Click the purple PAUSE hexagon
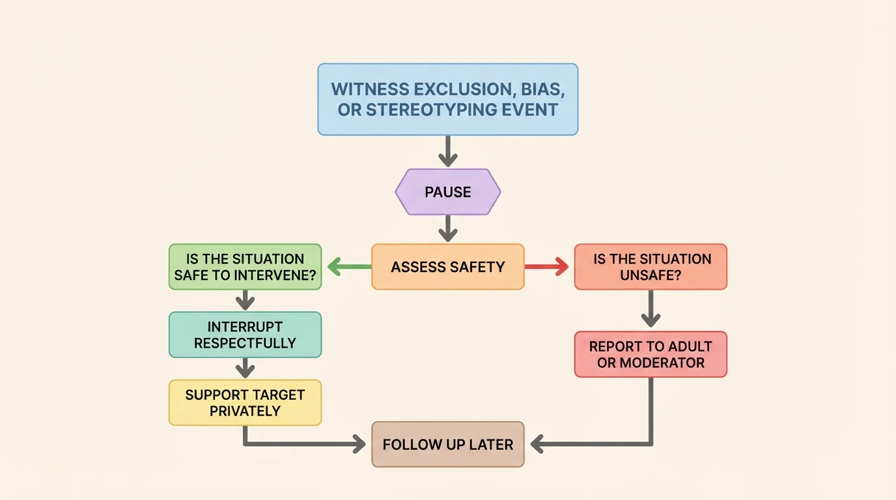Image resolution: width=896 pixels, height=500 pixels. coord(448,192)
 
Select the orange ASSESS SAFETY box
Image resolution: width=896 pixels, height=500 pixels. coord(448,267)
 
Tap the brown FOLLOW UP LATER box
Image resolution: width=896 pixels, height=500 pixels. coord(448,445)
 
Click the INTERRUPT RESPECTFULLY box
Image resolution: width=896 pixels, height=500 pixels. coord(245,335)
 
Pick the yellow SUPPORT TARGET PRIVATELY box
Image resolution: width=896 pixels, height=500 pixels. coord(245,403)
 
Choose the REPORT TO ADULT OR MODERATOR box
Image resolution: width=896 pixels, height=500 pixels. coord(651,354)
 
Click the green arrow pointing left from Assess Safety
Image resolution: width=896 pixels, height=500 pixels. coord(349,266)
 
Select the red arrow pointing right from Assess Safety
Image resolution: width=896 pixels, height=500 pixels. coord(547,266)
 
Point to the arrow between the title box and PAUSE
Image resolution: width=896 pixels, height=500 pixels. coord(448,152)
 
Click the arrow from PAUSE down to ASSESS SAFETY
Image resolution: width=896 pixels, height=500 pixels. coord(448,229)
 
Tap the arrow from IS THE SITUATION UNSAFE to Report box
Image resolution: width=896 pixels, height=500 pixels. coord(651,309)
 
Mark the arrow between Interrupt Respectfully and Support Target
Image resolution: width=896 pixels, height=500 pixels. coord(245,368)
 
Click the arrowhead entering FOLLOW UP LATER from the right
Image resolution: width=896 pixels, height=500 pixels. coord(538,445)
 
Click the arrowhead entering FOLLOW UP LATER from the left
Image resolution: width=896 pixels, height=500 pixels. coord(357,445)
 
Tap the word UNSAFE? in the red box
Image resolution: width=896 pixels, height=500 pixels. coord(651,275)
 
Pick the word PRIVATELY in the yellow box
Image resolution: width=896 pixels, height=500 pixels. coord(245,411)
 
